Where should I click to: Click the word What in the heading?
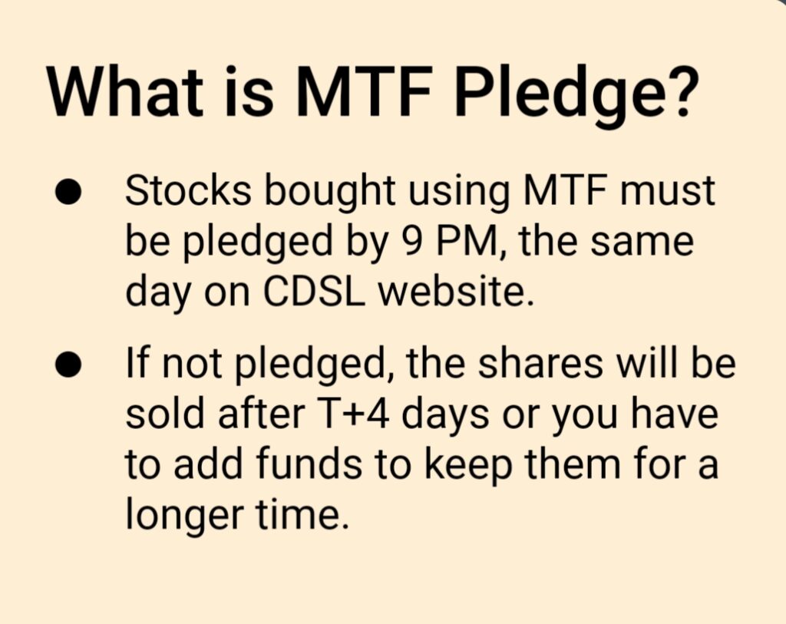[125, 92]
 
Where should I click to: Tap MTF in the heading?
[364, 92]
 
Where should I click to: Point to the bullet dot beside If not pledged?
[68, 364]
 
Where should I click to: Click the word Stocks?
[188, 190]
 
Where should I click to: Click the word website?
[454, 291]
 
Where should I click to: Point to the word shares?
[540, 363]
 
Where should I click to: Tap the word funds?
[309, 463]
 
